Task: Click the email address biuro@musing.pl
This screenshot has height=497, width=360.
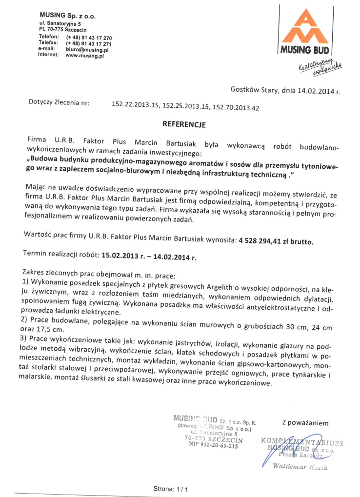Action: click(x=87, y=50)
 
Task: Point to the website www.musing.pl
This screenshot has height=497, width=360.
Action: click(x=85, y=56)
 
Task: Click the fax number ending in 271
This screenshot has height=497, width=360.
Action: click(x=89, y=44)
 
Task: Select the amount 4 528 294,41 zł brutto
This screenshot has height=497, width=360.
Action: click(x=276, y=241)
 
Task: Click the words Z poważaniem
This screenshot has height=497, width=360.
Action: click(x=305, y=422)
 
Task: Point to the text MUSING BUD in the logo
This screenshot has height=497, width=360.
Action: click(x=305, y=50)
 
